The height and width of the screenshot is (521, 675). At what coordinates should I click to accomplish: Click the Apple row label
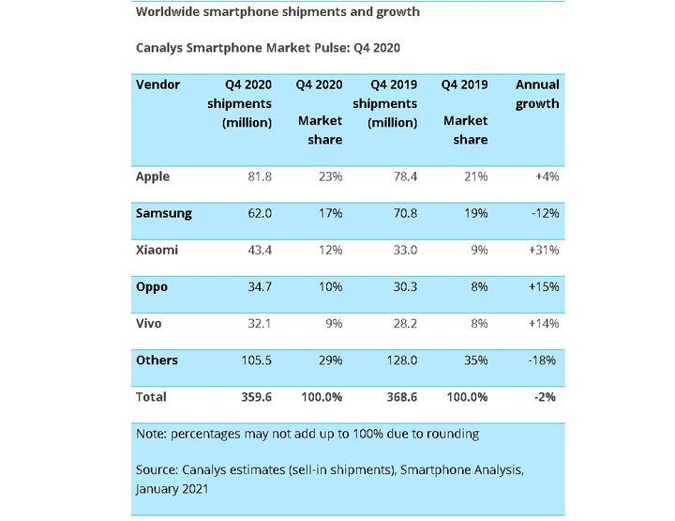coord(153,176)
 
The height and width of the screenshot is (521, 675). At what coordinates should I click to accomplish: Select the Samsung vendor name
coord(164,213)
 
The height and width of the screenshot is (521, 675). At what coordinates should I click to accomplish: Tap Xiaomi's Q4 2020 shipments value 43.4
coord(256,251)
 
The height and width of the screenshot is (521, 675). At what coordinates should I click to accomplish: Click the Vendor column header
coord(158,84)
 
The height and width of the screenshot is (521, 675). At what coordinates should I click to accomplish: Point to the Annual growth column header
coord(537,94)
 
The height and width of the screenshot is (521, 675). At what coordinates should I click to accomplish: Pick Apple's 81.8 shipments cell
coord(256,176)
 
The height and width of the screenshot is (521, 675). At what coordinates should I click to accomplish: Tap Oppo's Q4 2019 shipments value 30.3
coord(401,286)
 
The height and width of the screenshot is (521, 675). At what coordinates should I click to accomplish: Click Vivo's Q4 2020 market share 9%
coord(333,323)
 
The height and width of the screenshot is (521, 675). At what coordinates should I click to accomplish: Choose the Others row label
coord(157,360)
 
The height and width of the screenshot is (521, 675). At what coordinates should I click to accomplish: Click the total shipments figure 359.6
coord(254,397)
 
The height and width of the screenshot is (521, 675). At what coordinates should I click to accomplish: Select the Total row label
coord(152,397)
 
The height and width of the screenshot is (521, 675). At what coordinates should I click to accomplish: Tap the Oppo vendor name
coord(153,286)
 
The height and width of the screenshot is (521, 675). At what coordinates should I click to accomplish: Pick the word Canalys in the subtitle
coord(161,47)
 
